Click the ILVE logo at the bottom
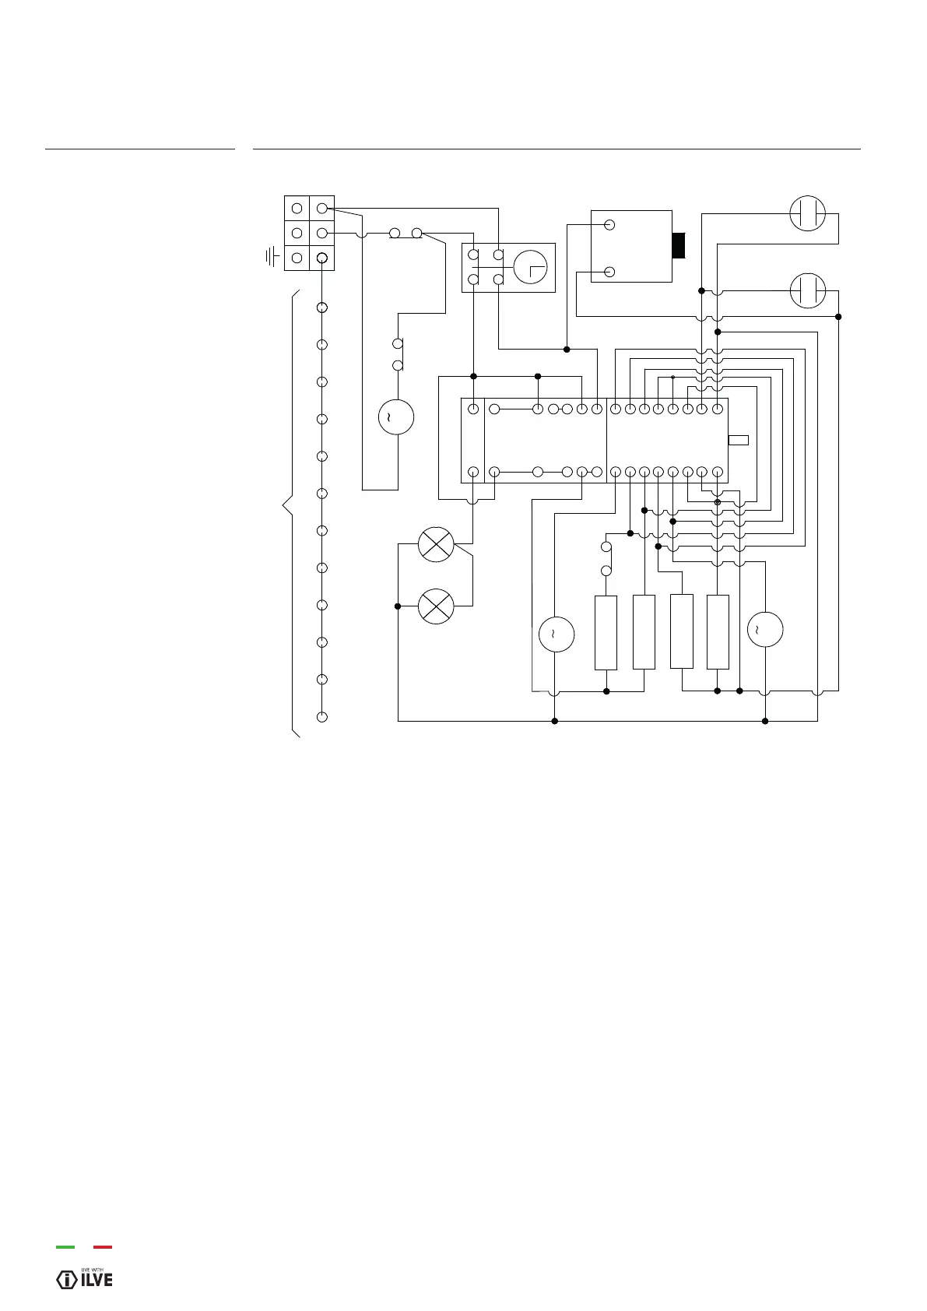click(85, 1279)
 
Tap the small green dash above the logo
click(65, 1247)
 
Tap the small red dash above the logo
click(103, 1247)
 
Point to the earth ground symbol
click(272, 257)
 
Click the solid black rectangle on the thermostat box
click(679, 244)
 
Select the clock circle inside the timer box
click(530, 266)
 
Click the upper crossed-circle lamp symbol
click(436, 544)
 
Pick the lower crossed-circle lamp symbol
click(436, 606)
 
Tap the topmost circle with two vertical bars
click(807, 213)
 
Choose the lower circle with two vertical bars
click(807, 291)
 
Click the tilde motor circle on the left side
click(395, 417)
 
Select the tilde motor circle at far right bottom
click(764, 629)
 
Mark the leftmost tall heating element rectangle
click(606, 632)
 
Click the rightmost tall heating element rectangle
click(718, 631)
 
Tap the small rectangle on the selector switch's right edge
click(738, 441)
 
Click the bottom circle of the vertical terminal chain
click(322, 716)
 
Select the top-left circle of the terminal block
click(297, 208)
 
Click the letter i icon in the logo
click(68, 1279)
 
